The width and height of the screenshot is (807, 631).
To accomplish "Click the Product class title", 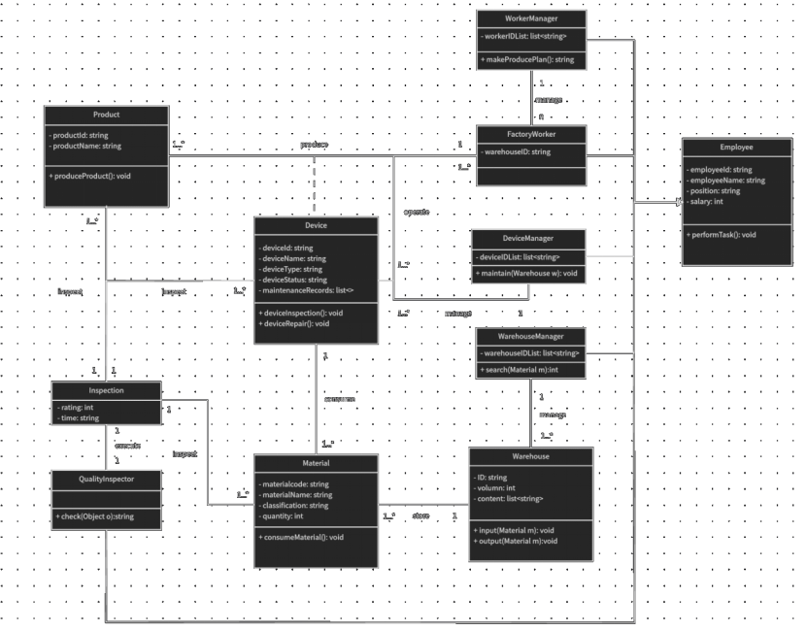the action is (107, 115).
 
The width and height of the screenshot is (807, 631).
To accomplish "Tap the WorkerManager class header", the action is (531, 18).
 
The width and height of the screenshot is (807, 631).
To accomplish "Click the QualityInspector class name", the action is (107, 479).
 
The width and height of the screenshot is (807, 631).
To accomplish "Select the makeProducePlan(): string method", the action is (528, 60).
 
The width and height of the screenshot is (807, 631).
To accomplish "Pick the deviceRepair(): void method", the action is (295, 324).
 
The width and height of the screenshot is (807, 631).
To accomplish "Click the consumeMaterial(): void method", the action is (302, 537).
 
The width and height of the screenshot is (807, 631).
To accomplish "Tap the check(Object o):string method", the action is (95, 516).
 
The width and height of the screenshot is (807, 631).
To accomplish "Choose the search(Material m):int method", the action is (520, 371).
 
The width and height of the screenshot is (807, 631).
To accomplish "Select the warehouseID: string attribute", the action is (517, 152).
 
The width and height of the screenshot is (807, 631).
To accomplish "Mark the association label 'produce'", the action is (314, 145).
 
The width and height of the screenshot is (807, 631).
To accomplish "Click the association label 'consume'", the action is (339, 399).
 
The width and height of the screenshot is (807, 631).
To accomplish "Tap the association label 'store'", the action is (420, 515).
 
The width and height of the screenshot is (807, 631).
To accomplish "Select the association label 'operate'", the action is (417, 212).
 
